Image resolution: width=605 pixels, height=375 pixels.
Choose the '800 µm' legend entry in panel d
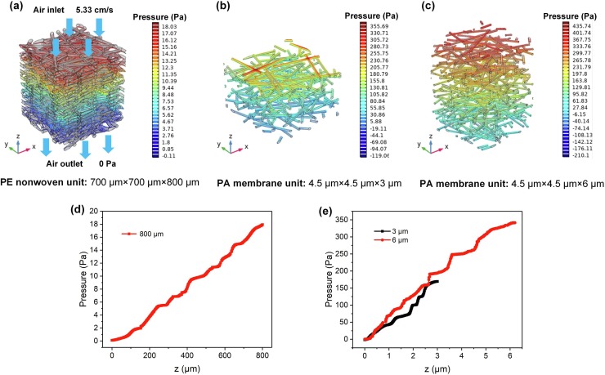pyautogui.click(x=155, y=233)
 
